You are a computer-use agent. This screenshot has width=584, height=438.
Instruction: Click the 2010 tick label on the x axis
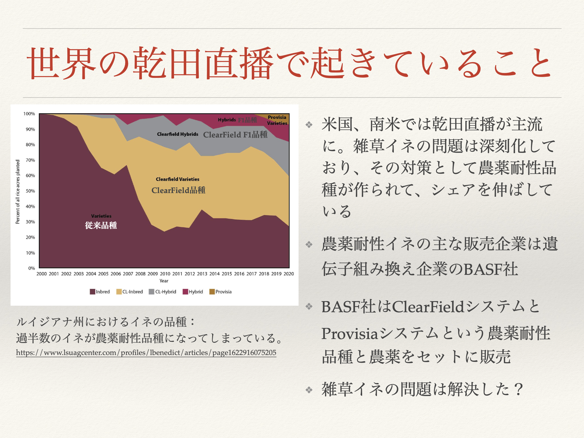point(165,274)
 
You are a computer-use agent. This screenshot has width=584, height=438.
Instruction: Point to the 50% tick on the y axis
point(30,191)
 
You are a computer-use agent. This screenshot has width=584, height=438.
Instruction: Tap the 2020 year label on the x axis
point(289,274)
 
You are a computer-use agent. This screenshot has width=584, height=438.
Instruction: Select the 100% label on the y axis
point(29,114)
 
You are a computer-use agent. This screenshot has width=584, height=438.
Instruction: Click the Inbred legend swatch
point(92,292)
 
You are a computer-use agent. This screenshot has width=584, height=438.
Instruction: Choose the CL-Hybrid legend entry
point(163,292)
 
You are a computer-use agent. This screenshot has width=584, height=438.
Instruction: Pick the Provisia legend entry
point(220,292)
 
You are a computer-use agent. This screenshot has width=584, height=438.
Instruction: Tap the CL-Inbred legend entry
point(129,292)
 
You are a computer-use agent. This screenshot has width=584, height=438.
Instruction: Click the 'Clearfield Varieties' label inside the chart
point(178,179)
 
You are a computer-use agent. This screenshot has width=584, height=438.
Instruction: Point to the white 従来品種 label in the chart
point(101,225)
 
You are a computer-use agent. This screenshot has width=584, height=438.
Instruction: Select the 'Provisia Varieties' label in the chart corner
point(277,120)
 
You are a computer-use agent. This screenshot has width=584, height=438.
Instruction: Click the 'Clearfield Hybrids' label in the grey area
point(178,134)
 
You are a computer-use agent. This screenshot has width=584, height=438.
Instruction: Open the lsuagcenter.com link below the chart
point(146,353)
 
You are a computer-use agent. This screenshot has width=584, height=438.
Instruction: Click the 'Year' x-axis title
point(164,281)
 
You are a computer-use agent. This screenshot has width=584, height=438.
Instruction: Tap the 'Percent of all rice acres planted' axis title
point(18,192)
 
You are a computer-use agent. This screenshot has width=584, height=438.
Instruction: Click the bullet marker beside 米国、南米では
point(309,125)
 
